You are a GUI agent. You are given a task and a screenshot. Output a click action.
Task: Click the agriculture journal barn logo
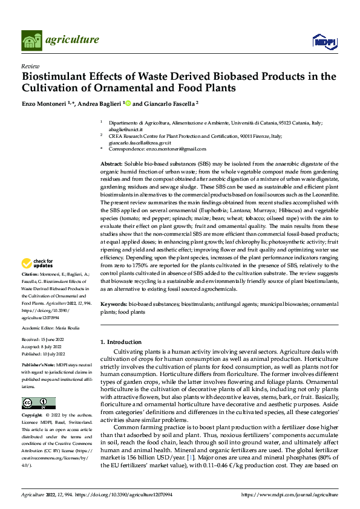[x=32, y=41]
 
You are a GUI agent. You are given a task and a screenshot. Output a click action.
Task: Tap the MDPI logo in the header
[x=324, y=41]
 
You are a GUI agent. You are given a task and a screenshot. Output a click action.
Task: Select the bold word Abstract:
[x=112, y=164]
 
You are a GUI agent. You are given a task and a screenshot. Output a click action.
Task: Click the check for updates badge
[x=38, y=264]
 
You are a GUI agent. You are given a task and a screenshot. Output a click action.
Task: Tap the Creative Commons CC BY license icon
[x=38, y=403]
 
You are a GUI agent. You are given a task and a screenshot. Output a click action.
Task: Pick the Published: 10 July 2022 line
[x=43, y=354]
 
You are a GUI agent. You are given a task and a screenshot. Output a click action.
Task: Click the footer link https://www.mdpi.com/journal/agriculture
[x=289, y=494]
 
